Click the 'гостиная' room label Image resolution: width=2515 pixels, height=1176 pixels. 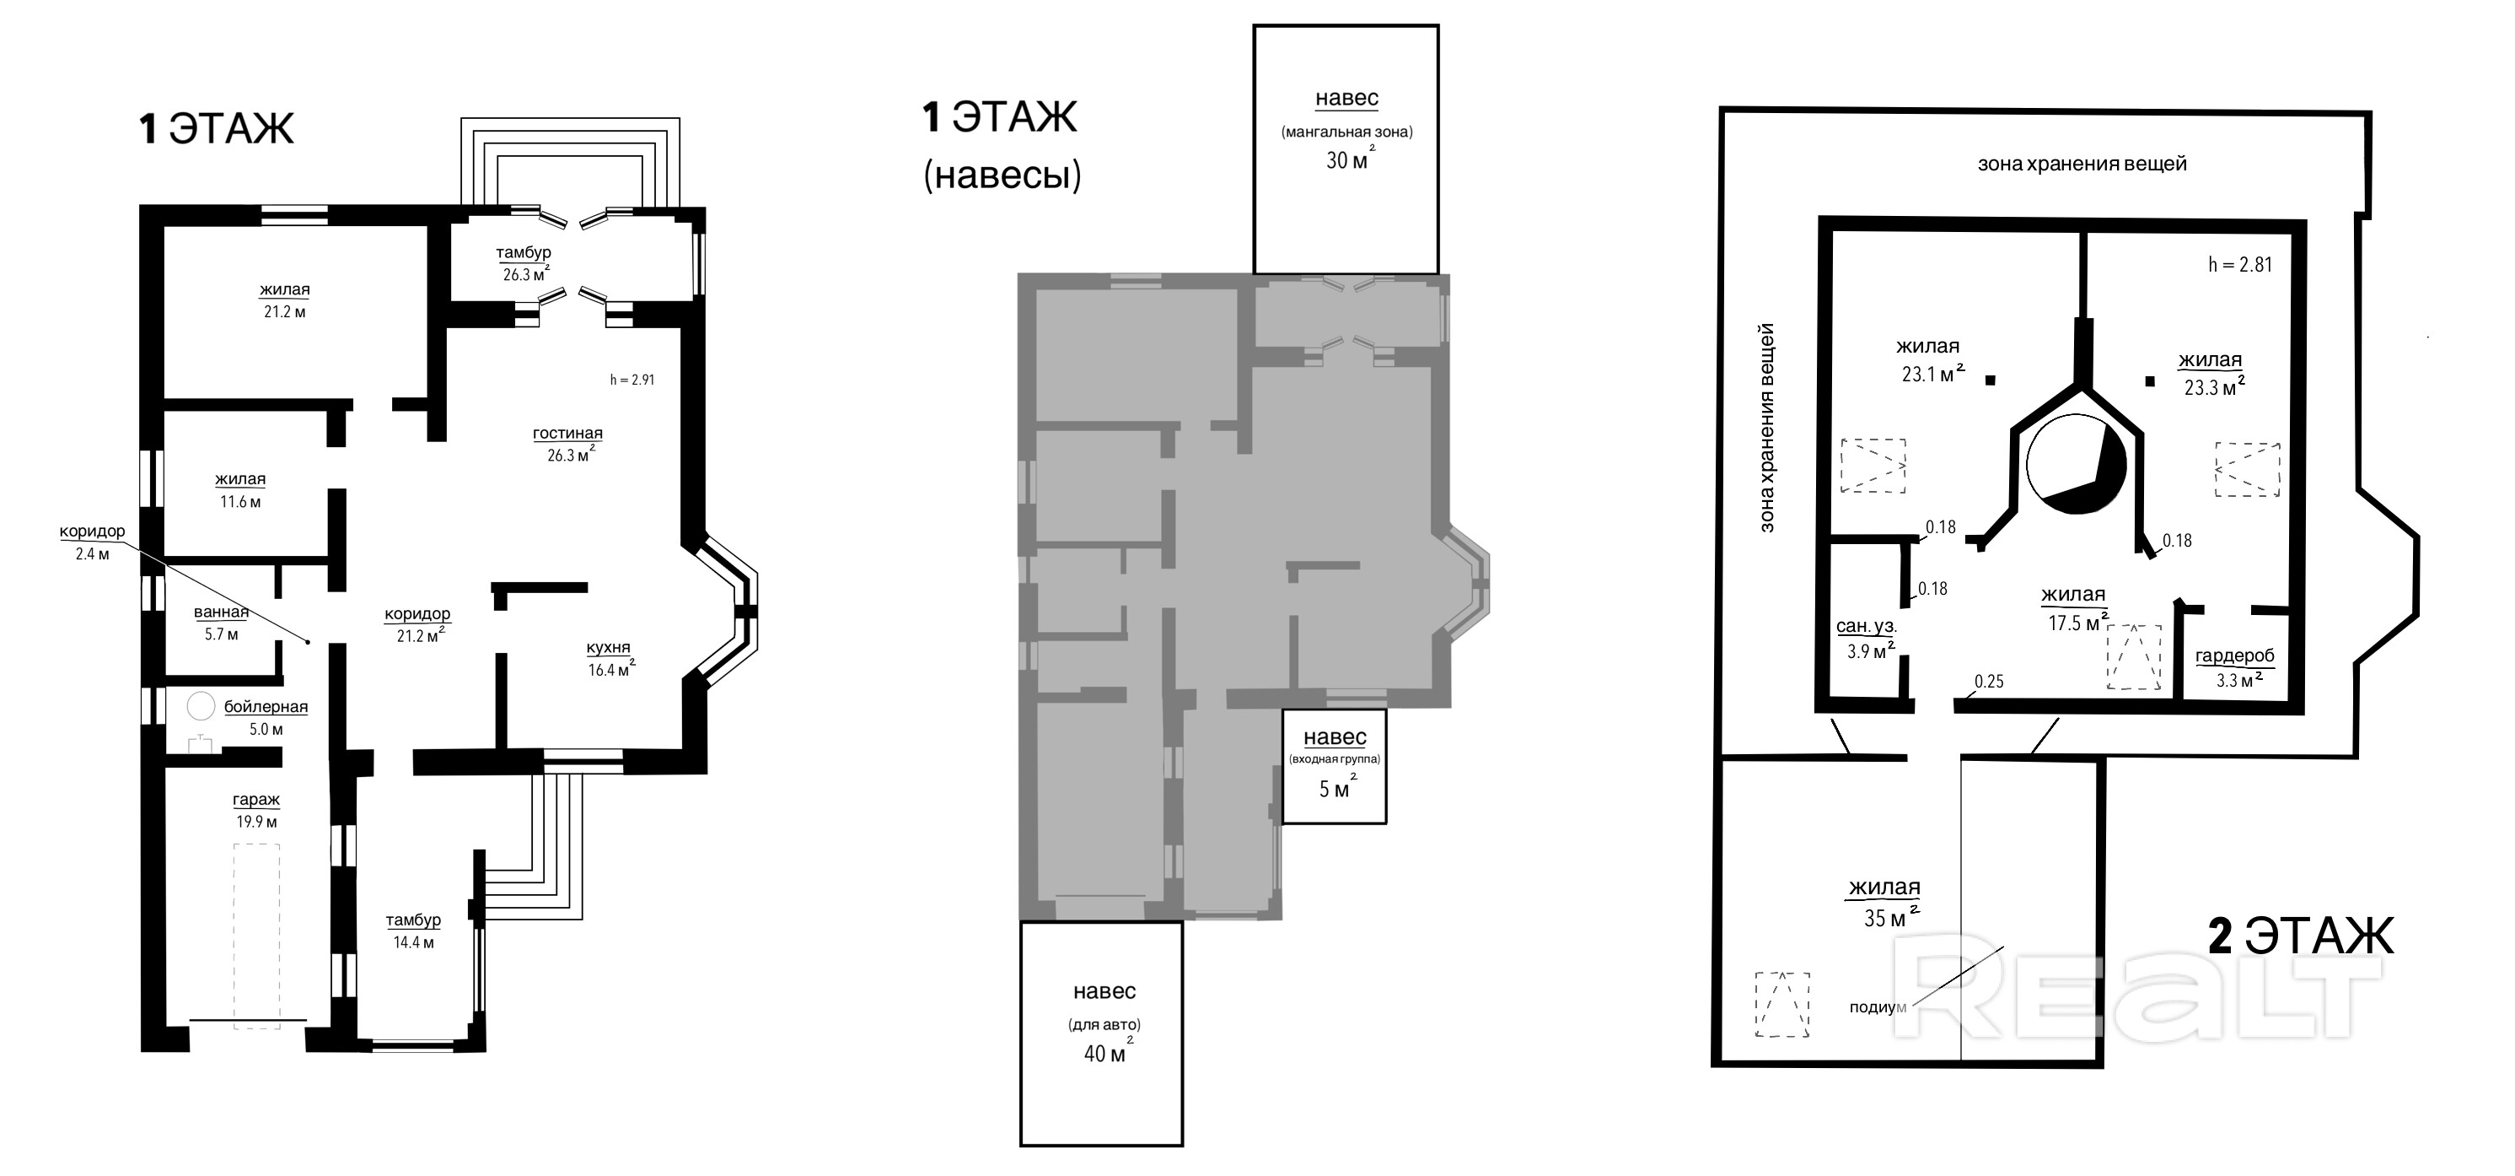567,433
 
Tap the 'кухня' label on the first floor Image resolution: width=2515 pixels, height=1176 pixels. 608,648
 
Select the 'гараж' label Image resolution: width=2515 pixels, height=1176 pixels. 255,799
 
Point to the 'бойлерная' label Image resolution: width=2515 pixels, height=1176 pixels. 266,706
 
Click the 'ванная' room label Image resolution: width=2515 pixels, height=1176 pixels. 221,612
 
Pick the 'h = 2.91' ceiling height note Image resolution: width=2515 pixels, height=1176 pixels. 631,379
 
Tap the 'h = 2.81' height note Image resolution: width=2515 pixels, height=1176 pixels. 2239,265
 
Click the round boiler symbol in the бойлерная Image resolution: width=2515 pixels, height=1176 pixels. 202,706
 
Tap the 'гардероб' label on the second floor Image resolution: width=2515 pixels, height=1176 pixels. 2235,656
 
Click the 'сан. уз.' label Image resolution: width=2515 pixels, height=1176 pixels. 1867,626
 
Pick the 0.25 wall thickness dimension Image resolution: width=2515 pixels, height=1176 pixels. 1989,682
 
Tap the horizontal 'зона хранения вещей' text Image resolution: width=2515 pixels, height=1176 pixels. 2082,165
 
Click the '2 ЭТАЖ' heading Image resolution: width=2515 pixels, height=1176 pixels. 2300,936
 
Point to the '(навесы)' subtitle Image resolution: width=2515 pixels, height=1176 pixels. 1002,175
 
